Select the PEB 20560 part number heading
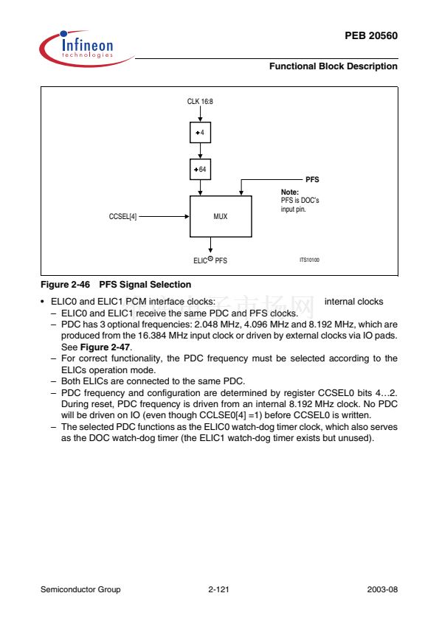(x=371, y=35)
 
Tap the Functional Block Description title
(x=333, y=66)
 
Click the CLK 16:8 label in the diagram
(x=200, y=101)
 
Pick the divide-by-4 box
(x=200, y=132)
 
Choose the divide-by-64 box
(x=200, y=169)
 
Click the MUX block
(x=221, y=216)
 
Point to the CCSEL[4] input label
(x=122, y=217)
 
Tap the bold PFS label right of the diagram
(x=312, y=179)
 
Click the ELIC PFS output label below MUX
(x=210, y=260)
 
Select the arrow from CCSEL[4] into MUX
(x=164, y=217)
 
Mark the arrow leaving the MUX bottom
(x=210, y=245)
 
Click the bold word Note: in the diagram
(x=290, y=192)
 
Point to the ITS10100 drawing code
(x=309, y=260)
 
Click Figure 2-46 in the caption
(x=66, y=285)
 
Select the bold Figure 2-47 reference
(x=105, y=347)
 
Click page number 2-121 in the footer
(x=218, y=589)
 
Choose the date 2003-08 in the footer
(x=382, y=589)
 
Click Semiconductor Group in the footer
(x=80, y=589)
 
